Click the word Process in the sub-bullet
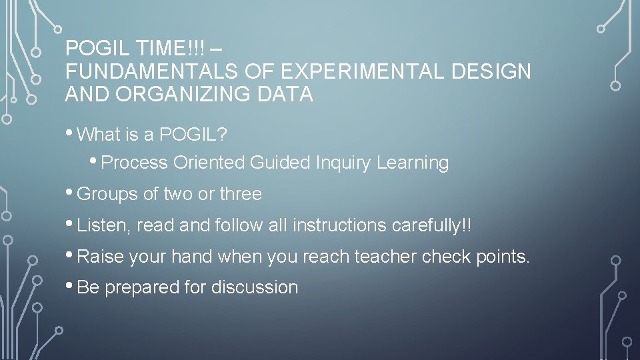click(135, 163)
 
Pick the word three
click(241, 195)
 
